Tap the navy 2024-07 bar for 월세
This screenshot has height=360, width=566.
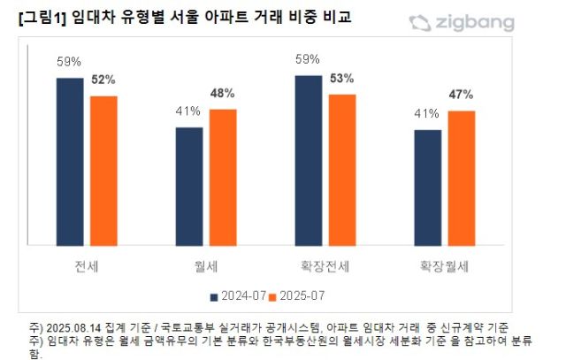pos(189,186)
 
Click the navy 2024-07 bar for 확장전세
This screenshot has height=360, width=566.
pos(309,160)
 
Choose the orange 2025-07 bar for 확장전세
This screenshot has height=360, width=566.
pos(341,169)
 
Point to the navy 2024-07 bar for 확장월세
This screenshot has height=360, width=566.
pos(428,188)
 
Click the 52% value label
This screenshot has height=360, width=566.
pos(103,80)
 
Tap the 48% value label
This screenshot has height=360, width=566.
pos(222,93)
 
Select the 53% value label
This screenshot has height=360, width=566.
pos(341,78)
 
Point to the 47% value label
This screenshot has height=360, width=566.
pos(461,94)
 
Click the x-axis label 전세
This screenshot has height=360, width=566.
pos(88,264)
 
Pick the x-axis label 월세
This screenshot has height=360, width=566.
pos(206,264)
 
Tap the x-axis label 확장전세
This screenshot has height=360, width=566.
pos(325,264)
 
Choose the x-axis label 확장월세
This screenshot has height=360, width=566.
pos(444,264)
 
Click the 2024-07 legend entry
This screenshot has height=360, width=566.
pos(238,295)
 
